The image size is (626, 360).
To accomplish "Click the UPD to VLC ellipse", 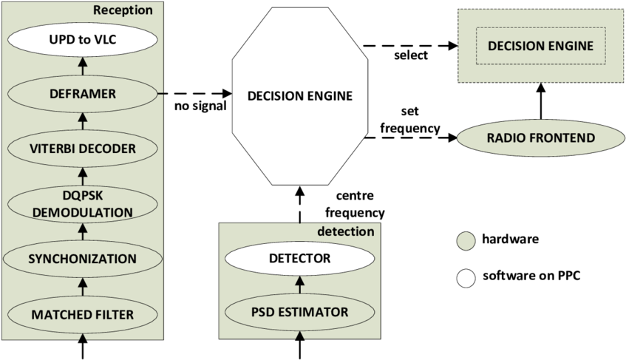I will point(82,40).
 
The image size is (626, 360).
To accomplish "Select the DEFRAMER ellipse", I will point(82,95).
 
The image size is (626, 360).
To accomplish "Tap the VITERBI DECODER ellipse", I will point(82,149).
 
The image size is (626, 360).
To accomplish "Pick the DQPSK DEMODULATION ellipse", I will point(82,203).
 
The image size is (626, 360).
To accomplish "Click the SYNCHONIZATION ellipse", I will point(82,259).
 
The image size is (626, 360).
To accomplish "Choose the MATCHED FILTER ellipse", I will point(82,314).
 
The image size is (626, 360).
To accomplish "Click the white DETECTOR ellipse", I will point(299,259).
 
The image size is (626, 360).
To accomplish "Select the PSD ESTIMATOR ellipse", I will point(299,312).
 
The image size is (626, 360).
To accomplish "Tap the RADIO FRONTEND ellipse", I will point(540,138).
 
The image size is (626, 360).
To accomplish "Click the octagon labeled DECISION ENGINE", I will point(299,96).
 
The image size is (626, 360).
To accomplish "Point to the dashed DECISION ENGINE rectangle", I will point(540,46).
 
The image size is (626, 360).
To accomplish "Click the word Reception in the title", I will point(123,10).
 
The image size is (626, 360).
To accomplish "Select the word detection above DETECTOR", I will point(345,231).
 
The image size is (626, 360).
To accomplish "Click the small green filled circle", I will point(466,242).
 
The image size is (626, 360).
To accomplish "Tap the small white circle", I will point(466,279).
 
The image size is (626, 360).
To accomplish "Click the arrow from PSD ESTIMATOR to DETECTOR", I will point(299,285).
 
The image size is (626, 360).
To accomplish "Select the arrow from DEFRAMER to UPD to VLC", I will point(82,67).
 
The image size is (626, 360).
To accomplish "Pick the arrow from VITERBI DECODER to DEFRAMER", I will point(82,121).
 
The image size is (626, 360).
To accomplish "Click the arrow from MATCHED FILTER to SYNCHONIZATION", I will point(82,286).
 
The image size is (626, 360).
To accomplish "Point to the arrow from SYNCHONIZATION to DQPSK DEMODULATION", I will point(82,232).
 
